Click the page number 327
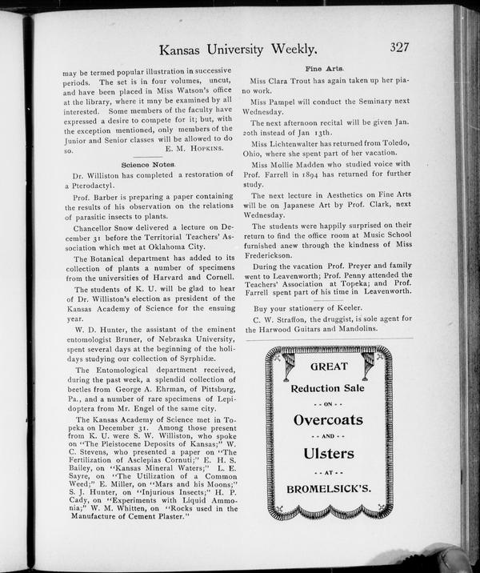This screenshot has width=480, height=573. pos(399,46)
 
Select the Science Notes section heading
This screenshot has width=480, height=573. pos(148,163)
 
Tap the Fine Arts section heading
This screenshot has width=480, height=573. pos(325,70)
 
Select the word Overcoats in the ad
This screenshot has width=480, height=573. pos(328,419)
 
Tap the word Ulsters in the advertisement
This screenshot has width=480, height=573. pos(328,453)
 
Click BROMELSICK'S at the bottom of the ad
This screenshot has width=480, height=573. pos(328,487)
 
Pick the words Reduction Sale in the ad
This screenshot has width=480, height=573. pos(328,387)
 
